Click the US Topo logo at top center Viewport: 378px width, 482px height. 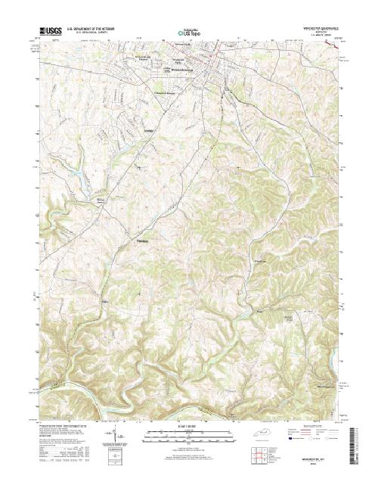point(189,33)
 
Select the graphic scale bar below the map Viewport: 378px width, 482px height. point(189,434)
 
